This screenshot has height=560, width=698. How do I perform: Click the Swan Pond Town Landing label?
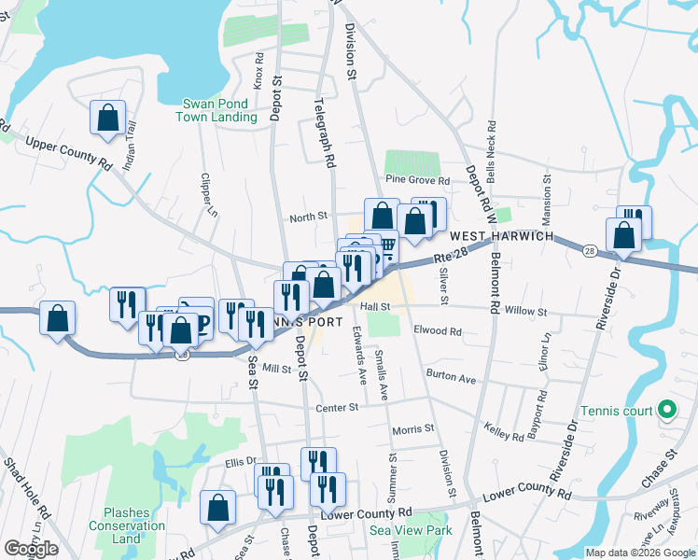tap(217, 110)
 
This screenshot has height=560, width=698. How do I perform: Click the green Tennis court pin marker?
tap(666, 409)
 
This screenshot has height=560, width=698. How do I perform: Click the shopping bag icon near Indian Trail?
tap(107, 119)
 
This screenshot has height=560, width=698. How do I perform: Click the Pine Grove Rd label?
tap(417, 179)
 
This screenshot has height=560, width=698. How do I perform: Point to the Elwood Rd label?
tap(439, 331)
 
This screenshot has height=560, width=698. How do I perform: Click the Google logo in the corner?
tap(31, 549)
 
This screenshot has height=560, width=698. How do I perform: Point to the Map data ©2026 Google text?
tap(639, 553)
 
